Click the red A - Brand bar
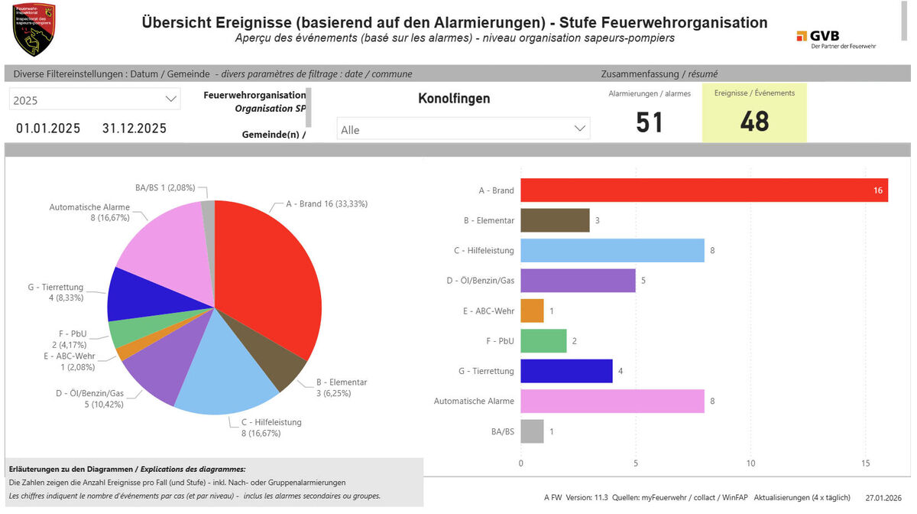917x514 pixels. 703,190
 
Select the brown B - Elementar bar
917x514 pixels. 555,220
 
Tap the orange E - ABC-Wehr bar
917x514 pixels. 532,311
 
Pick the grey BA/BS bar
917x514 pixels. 532,431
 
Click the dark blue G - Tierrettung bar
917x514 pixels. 566,371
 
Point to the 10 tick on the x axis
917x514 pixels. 750,464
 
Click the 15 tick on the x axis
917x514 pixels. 865,464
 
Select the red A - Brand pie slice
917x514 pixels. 264,275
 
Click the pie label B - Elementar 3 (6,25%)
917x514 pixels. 342,387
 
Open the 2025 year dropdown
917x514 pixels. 95,99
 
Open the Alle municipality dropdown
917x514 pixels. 463,129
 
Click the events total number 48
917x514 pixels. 754,122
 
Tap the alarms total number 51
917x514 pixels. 650,122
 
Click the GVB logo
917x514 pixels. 836,39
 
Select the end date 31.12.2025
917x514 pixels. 134,128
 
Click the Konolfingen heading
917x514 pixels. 454,99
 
